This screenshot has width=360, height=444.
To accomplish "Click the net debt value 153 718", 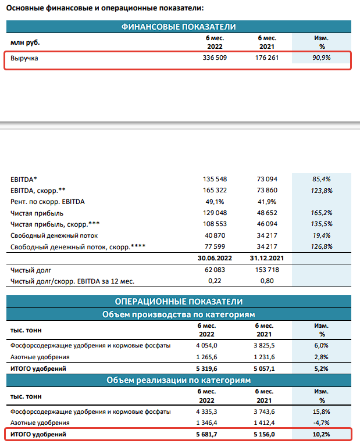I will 268,270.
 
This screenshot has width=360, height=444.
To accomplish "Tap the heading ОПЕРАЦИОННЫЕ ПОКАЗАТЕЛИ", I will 179,302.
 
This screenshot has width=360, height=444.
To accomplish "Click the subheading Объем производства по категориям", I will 179,314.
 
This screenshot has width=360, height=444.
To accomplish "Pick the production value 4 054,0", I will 215,346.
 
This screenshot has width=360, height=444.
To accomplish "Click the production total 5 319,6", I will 215,369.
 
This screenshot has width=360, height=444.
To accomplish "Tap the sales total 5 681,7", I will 215,435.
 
